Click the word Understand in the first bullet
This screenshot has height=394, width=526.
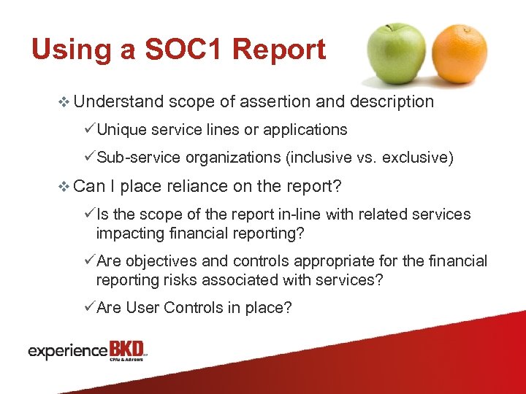(120, 102)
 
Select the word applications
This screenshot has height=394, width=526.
(305, 130)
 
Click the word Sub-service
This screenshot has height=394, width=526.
(138, 158)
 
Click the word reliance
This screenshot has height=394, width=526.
(197, 186)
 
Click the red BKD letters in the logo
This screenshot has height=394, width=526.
(126, 349)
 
